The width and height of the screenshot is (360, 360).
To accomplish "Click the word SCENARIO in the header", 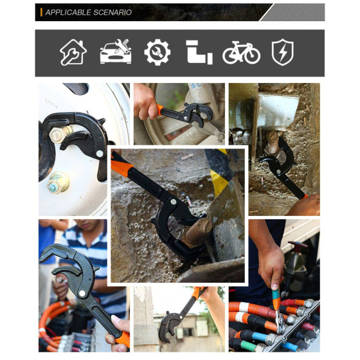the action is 113,12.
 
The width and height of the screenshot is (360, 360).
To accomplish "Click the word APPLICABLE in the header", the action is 68,12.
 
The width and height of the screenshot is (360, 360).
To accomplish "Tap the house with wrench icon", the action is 73,52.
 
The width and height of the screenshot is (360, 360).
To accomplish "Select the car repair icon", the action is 116,51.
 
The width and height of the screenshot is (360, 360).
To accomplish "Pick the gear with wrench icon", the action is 157,52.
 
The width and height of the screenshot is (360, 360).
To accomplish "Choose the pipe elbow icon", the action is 199,52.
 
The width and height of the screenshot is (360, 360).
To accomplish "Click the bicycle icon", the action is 241,53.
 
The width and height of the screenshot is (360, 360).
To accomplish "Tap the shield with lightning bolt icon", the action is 282,52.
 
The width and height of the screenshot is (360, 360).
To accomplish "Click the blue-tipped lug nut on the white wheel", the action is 57,184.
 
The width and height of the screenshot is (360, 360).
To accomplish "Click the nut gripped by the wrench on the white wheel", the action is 59,134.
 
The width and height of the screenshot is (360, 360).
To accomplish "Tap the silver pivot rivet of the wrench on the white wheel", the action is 100,154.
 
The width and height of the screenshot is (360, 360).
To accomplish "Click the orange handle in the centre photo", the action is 121,166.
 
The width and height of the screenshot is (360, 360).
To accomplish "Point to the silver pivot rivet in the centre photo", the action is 174,202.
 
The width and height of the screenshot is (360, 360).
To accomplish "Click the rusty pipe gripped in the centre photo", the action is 197,232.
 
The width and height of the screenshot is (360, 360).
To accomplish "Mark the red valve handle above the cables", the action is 298,244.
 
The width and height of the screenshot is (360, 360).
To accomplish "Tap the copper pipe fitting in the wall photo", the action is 273,143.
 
